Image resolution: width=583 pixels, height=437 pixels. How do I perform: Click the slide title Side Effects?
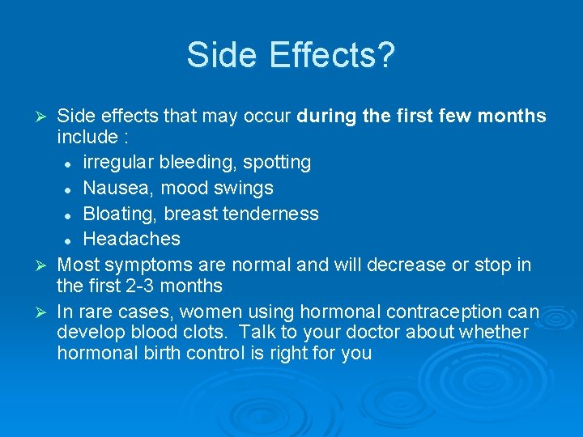click(291, 55)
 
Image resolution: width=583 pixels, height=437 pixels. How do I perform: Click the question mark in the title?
click(386, 55)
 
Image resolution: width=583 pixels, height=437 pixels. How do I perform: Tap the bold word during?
click(327, 117)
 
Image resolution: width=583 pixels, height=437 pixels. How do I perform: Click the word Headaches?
click(131, 239)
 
